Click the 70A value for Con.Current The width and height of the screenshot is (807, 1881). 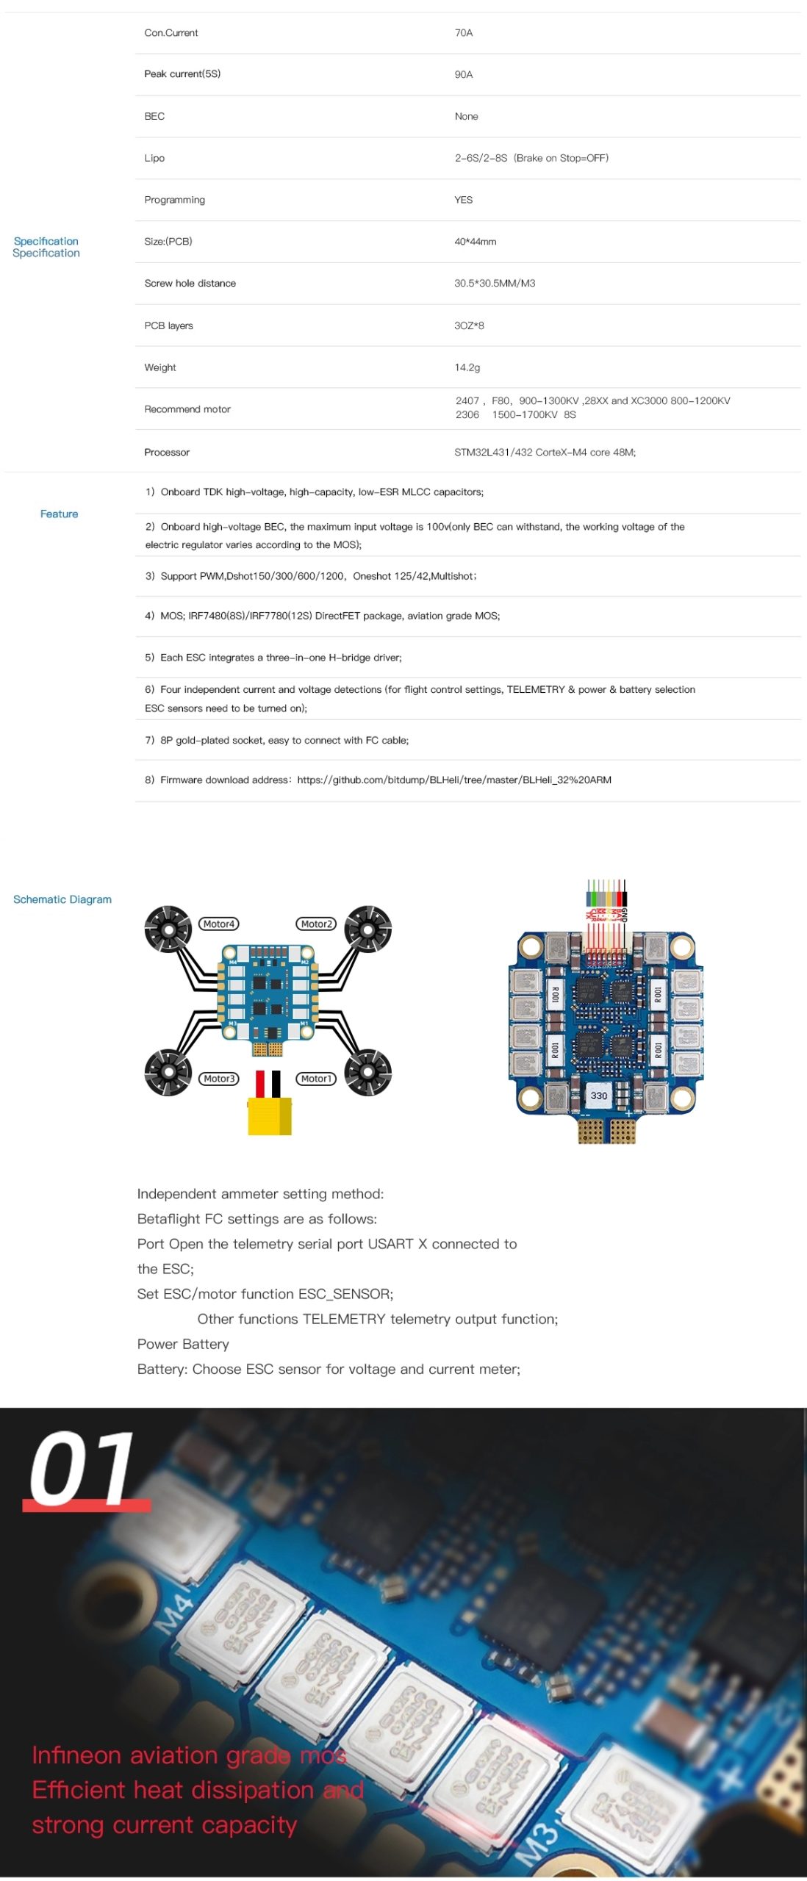coord(463,33)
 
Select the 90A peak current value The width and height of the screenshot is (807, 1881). coord(463,75)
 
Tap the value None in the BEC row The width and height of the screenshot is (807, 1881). coord(466,117)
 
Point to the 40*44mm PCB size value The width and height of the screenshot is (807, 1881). coord(475,242)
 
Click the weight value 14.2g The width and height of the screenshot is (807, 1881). coord(467,367)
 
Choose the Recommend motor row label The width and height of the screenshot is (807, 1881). coord(187,409)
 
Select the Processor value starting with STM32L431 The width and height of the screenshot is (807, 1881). coord(545,453)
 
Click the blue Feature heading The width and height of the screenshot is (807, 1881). coord(59,514)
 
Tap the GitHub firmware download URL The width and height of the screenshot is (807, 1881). coord(453,780)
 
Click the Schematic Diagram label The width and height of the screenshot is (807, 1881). coord(62,899)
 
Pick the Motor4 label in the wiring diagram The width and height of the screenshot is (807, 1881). coord(219,924)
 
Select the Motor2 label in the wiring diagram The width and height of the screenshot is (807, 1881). coord(317,924)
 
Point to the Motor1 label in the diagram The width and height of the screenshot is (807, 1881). coord(316,1079)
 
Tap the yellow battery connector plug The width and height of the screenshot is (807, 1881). coord(269,1115)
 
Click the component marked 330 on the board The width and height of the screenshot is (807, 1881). coord(599,1096)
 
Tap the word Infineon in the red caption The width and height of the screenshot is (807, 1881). coord(76,1755)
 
